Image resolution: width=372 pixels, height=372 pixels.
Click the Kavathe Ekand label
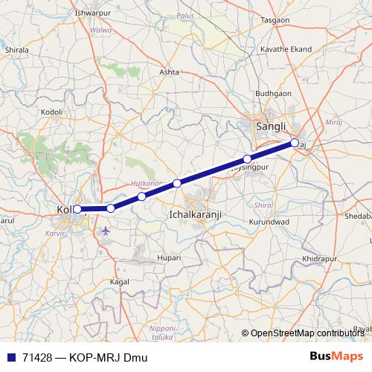coord(286,49)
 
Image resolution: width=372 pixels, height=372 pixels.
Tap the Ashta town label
coord(170,72)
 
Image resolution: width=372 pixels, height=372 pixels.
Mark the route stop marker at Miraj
coord(295,142)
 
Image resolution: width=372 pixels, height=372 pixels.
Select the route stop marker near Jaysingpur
coord(247,159)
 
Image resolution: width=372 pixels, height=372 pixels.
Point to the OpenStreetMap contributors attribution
coord(307,334)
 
